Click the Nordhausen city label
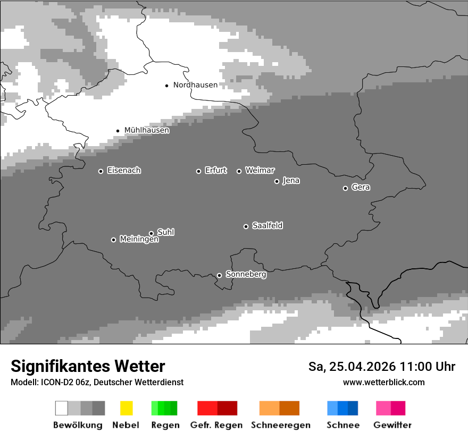(195, 85)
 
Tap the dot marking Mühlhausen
(118, 131)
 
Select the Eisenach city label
(124, 171)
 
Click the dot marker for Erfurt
(199, 171)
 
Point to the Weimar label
(260, 171)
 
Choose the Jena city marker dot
(277, 181)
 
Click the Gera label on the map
(361, 188)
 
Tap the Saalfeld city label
(267, 226)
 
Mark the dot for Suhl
(152, 233)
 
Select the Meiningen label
(139, 240)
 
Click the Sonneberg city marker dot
(219, 275)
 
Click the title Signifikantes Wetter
(88, 366)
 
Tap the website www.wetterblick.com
(383, 382)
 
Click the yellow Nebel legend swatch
(126, 408)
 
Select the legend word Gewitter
(392, 425)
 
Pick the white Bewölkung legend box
(62, 408)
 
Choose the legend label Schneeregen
(280, 425)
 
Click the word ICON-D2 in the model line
(56, 382)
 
